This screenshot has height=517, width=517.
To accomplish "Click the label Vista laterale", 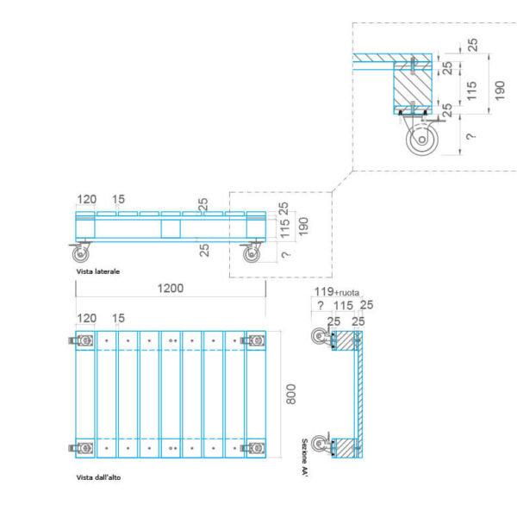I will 97,271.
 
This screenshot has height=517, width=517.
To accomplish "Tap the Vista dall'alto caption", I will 98,477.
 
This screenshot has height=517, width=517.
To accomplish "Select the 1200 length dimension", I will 171,289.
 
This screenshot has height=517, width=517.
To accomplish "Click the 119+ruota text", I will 336,291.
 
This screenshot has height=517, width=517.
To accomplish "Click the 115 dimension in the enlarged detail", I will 471,88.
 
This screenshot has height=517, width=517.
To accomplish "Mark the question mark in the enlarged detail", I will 470,136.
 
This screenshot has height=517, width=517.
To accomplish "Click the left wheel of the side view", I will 81,254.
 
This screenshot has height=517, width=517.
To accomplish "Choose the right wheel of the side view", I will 252,254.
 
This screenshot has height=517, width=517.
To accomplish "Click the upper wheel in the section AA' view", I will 321,339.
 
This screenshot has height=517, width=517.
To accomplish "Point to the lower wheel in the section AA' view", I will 321,445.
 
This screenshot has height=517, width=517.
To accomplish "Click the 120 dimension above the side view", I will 86,199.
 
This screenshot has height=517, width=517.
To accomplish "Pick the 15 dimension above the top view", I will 118,319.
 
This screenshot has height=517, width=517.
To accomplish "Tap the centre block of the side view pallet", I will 171,228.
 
